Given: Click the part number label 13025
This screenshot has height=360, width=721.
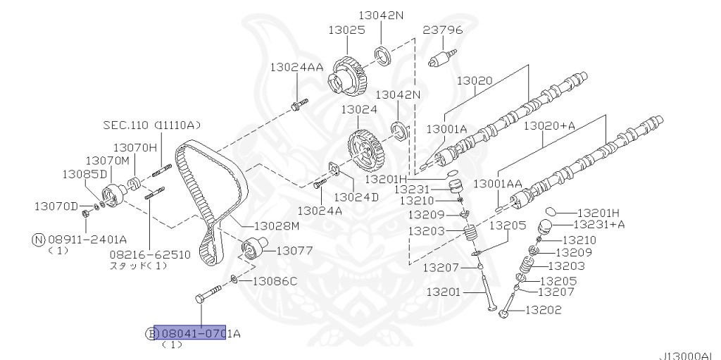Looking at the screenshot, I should pyautogui.click(x=346, y=30).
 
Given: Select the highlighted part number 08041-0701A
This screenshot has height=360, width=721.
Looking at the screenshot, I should pyautogui.click(x=190, y=333).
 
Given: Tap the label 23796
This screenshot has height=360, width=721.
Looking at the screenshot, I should pyautogui.click(x=443, y=30).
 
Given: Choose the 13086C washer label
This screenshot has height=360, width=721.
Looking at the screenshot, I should pyautogui.click(x=275, y=281).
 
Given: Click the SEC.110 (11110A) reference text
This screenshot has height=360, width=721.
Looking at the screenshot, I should pyautogui.click(x=151, y=125).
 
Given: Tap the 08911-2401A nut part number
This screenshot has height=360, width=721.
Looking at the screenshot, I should pyautogui.click(x=87, y=239).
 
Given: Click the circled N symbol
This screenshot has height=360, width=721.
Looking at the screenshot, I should pyautogui.click(x=38, y=239).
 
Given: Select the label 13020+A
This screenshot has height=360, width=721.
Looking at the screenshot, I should pyautogui.click(x=548, y=125).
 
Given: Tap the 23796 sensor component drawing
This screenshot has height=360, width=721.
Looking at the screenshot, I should pyautogui.click(x=441, y=56).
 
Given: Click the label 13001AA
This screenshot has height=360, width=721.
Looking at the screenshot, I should pyautogui.click(x=498, y=183).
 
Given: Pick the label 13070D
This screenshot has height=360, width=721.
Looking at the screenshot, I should pyautogui.click(x=56, y=206).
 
